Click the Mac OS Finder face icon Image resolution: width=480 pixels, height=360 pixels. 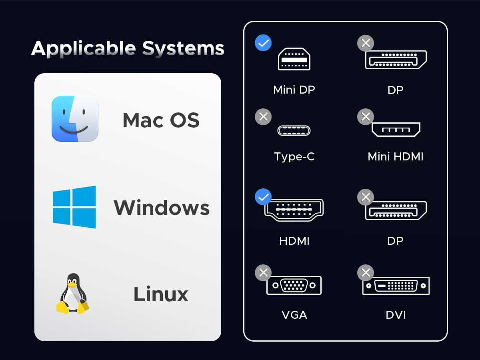click(75, 119)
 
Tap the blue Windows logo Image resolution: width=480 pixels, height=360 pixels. click(74, 207)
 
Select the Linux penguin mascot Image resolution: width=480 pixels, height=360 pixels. click(73, 294)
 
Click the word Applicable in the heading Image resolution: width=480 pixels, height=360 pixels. click(84, 48)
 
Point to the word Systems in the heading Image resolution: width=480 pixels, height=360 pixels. click(183, 48)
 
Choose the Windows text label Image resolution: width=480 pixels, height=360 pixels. click(162, 208)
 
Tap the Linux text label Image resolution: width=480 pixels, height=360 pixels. click(161, 294)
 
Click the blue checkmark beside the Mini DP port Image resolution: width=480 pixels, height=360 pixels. click(263, 43)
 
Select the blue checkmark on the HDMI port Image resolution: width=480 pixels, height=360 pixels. click(263, 197)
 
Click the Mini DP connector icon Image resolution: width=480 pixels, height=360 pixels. click(294, 59)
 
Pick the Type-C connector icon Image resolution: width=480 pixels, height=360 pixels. click(294, 130)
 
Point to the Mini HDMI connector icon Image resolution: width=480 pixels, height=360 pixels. click(396, 129)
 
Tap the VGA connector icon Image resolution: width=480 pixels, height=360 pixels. click(294, 285)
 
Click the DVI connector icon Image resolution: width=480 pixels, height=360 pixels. click(396, 286)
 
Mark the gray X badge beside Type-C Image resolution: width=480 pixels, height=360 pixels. click(263, 117)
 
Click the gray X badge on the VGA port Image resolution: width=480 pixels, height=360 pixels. click(263, 273)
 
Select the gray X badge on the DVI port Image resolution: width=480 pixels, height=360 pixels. click(366, 273)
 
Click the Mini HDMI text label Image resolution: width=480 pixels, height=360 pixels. click(396, 156)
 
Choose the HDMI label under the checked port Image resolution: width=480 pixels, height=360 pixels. click(294, 241)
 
